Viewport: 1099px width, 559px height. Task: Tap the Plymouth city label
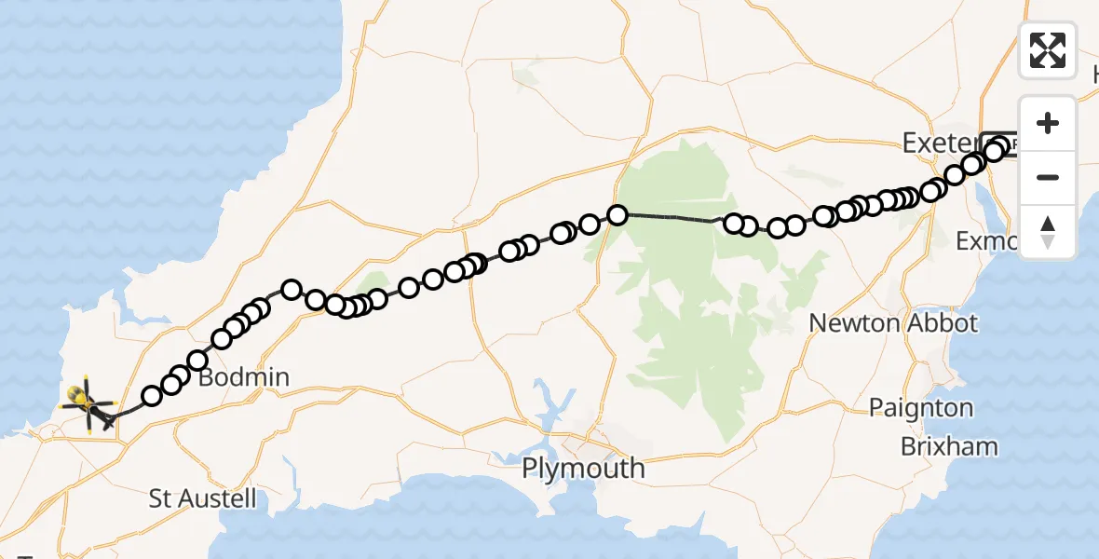point(583,467)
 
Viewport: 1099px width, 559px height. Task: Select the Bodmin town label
point(243,378)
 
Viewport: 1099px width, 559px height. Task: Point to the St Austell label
point(202,498)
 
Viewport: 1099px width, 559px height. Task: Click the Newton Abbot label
point(893,323)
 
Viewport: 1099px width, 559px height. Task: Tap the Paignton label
point(920,408)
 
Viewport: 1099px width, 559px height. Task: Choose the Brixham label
point(948,446)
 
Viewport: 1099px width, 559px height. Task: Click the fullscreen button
point(1048,50)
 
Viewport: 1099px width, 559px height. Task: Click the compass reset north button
point(1048,231)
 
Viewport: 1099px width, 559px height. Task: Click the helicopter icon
point(86,404)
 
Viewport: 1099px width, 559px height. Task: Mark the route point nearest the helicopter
point(151,396)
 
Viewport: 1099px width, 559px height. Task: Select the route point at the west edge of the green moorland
point(617,215)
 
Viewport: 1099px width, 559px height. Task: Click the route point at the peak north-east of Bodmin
point(291,290)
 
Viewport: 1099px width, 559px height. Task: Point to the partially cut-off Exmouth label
point(989,241)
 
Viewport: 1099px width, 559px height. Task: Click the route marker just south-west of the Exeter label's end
point(971,165)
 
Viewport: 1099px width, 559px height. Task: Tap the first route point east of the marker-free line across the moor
point(734,224)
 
